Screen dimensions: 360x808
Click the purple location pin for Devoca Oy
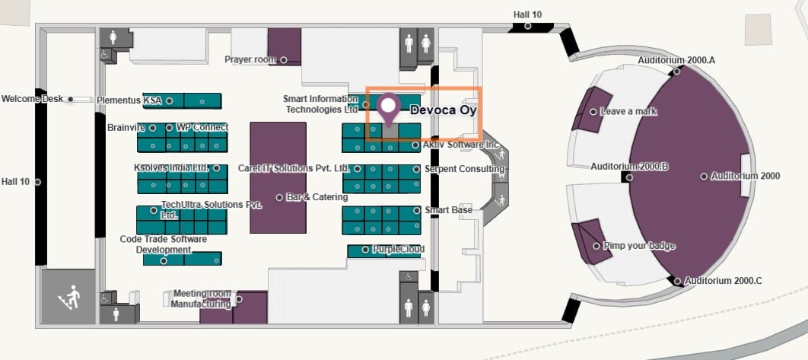(390, 107)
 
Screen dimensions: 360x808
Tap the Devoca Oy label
(443, 110)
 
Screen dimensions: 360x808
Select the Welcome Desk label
(32, 99)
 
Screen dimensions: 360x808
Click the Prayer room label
(250, 59)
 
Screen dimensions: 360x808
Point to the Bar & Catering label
(317, 197)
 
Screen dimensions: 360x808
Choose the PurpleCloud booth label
(399, 249)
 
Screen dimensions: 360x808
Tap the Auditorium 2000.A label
(676, 59)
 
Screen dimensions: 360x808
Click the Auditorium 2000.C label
(723, 281)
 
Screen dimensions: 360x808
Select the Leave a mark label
(628, 111)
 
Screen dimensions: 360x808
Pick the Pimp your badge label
(638, 246)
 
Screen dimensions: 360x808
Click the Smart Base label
(448, 210)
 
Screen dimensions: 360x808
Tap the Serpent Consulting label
(464, 168)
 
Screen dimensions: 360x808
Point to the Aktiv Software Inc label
(460, 144)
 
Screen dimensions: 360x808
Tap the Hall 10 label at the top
(527, 14)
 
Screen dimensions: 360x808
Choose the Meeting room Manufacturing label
(201, 298)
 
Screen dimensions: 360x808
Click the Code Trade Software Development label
(163, 244)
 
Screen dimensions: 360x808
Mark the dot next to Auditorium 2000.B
(627, 177)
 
